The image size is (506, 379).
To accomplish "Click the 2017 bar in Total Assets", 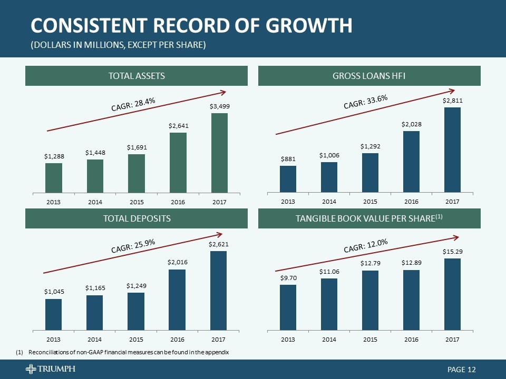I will pyautogui.click(x=219, y=153).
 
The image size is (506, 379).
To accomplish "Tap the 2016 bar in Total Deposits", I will pyautogui.click(x=177, y=300).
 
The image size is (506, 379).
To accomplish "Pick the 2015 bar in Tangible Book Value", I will pyautogui.click(x=370, y=300).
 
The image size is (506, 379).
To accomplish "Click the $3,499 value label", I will pyautogui.click(x=219, y=106).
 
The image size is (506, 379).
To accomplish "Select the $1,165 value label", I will pyautogui.click(x=95, y=288).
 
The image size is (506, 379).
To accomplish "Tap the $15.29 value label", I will pyautogui.click(x=452, y=252).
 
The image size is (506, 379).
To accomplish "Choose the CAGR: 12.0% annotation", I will pyautogui.click(x=366, y=245).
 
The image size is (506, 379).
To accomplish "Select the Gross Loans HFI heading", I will pyautogui.click(x=369, y=76).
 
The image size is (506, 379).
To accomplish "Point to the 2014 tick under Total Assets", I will pyautogui.click(x=95, y=202).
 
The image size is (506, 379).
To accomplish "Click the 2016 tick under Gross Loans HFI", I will pyautogui.click(x=411, y=202).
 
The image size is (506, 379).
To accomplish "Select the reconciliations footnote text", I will pyautogui.click(x=129, y=352).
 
